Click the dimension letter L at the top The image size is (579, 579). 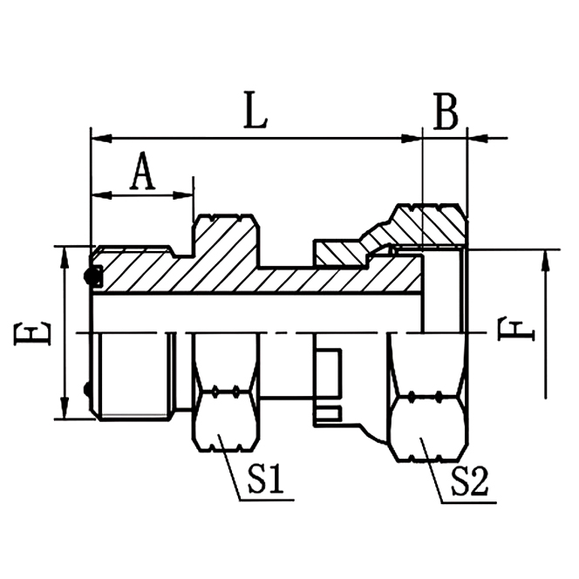[x=255, y=114]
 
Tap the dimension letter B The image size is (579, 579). [x=446, y=113]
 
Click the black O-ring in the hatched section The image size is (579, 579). [x=91, y=277]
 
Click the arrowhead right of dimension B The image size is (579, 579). [x=476, y=138]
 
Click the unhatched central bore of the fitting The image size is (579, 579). [x=262, y=312]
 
